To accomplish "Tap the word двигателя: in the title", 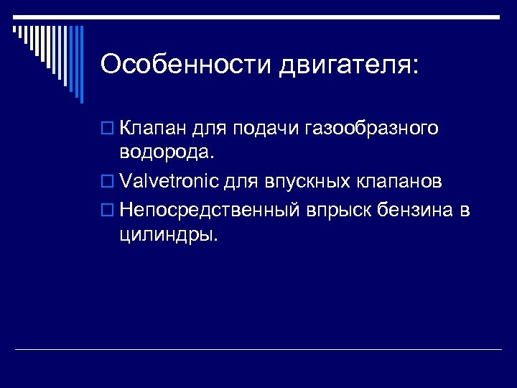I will [348, 66].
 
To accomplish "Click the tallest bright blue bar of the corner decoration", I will [80, 65].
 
